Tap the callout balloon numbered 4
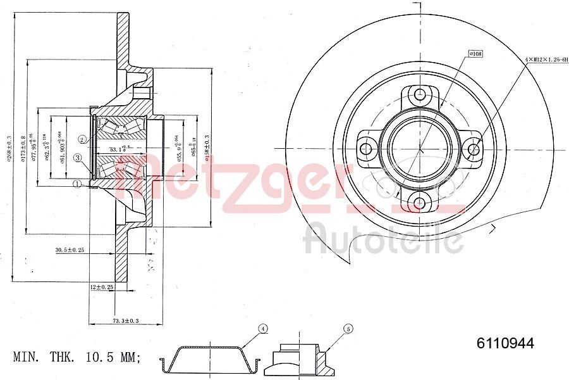tap(262, 329)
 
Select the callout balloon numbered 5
tap(347, 329)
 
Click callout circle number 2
tap(83, 139)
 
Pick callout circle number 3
tap(78, 158)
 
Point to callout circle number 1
tap(77, 184)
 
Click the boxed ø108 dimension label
tap(475, 54)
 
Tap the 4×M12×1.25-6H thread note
tap(546, 58)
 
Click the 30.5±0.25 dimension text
tap(70, 250)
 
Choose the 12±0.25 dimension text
tap(101, 287)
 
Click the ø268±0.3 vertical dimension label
tap(9, 148)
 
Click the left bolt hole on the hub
tap(365, 149)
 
